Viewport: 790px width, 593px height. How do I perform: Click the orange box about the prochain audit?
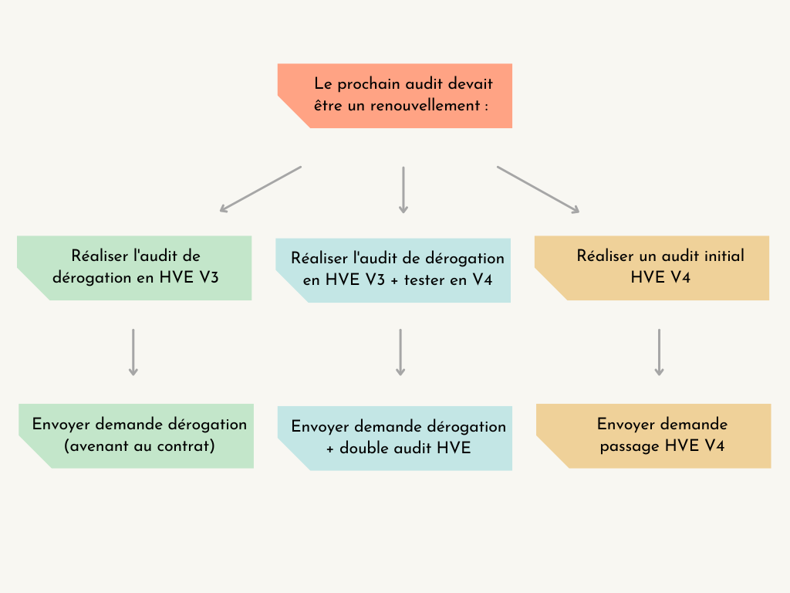click(x=395, y=96)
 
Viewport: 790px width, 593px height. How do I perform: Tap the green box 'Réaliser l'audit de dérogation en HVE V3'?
click(x=135, y=267)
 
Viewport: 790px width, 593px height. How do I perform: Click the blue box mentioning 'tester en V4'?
click(x=393, y=269)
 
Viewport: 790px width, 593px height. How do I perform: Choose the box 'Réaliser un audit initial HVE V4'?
click(x=653, y=267)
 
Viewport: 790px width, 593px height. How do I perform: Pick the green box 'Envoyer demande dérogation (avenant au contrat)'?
click(x=137, y=435)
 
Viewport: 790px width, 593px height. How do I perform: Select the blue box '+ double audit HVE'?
click(x=395, y=438)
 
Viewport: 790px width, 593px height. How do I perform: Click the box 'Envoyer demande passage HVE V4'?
click(x=654, y=435)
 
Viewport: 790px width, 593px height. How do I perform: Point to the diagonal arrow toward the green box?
click(x=260, y=188)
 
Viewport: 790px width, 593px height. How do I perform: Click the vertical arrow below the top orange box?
click(x=403, y=189)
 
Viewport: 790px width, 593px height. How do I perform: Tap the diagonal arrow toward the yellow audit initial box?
click(x=538, y=189)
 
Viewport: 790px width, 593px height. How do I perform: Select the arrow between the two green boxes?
click(x=133, y=352)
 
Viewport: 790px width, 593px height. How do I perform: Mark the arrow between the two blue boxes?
click(x=400, y=352)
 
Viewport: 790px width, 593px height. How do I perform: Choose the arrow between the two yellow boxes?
click(x=659, y=352)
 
